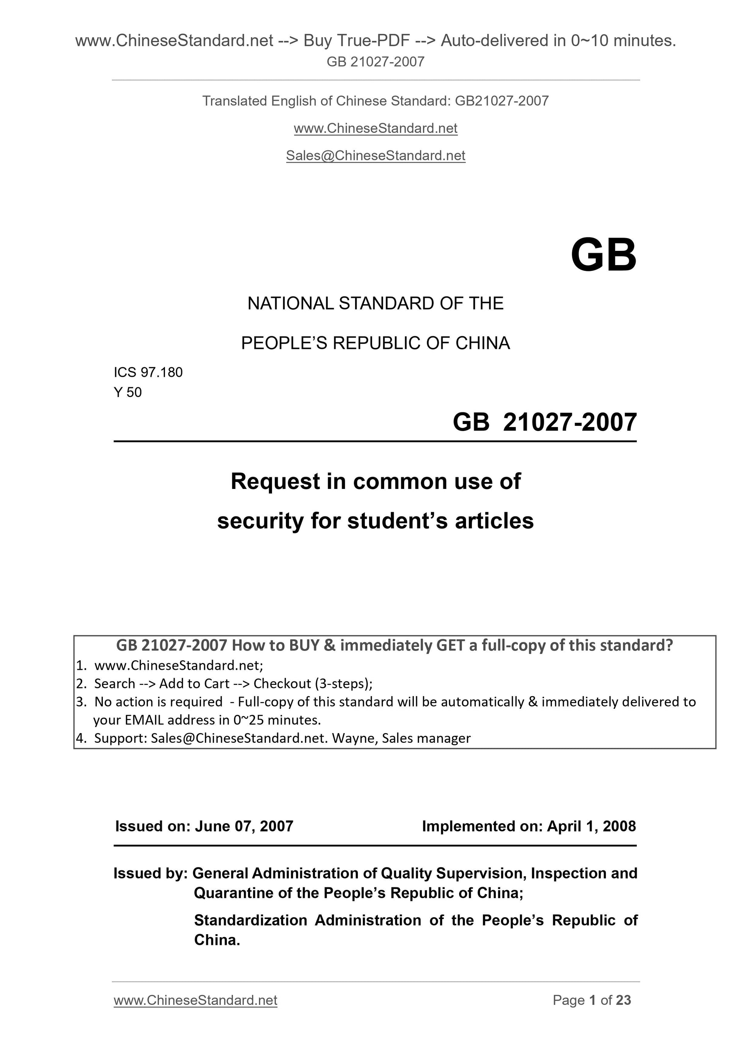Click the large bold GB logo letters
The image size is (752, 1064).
click(x=603, y=255)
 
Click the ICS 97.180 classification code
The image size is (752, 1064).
click(x=148, y=372)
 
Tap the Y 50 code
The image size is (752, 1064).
click(x=128, y=393)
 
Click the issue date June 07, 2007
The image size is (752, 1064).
click(x=244, y=826)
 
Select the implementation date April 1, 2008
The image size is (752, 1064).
click(x=591, y=826)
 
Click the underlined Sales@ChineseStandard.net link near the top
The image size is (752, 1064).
click(x=375, y=156)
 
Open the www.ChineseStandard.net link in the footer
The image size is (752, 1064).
click(x=195, y=1000)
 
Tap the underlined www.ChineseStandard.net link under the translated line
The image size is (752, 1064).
click(x=375, y=128)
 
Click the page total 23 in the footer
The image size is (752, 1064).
click(x=623, y=1000)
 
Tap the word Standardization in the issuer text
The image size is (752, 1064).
click(x=250, y=920)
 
